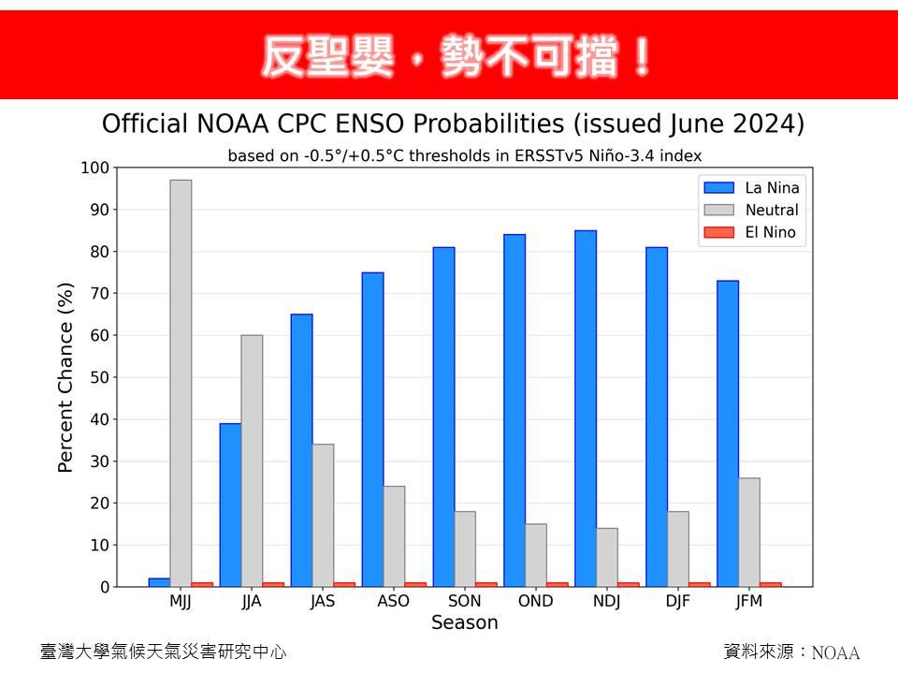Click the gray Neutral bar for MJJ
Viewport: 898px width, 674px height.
pos(181,384)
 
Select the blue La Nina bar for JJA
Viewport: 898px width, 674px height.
pos(230,505)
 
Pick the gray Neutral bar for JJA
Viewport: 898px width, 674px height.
pos(252,461)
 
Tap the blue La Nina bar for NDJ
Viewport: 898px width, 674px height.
pos(586,409)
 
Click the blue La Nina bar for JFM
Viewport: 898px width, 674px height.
pos(728,433)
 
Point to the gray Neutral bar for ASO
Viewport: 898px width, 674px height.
pos(394,536)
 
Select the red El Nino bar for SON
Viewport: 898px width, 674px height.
pos(486,584)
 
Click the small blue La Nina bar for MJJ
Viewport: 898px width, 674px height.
pos(159,582)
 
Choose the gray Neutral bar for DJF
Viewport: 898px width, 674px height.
pos(678,549)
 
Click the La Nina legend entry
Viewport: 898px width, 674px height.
pos(751,187)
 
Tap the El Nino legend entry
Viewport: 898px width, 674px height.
pos(750,232)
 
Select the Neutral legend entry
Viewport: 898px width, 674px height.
pos(751,210)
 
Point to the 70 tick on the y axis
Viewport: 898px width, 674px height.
pos(99,293)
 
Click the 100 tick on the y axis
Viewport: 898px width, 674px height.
pos(94,168)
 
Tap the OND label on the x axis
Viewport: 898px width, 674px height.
pos(535,601)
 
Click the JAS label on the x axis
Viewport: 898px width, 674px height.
pos(323,601)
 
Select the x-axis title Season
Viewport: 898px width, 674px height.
pos(465,623)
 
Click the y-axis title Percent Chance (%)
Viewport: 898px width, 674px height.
pos(65,377)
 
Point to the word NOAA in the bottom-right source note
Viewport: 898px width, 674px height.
pos(835,652)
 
